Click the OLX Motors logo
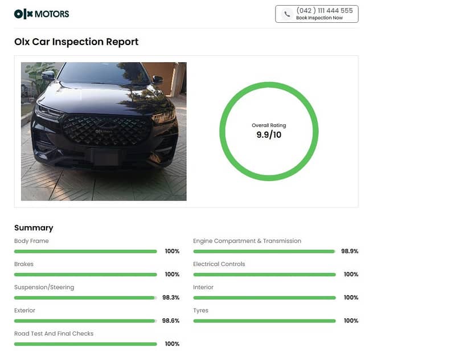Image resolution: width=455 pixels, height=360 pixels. (x=41, y=14)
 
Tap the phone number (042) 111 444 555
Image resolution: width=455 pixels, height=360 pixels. (x=324, y=10)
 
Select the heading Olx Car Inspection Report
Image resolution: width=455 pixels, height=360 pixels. (x=76, y=42)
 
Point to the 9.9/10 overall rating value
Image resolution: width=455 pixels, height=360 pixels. (x=269, y=135)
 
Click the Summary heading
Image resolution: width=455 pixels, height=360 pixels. (x=34, y=228)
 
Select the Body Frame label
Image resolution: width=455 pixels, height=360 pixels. (x=31, y=241)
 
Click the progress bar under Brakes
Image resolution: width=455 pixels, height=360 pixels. (x=85, y=275)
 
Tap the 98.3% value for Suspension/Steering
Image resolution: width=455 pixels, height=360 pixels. (x=171, y=297)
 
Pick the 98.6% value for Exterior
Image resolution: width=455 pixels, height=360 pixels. (x=171, y=321)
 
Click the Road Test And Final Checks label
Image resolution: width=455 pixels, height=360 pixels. (x=54, y=334)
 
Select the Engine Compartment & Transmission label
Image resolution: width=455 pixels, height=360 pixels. (x=247, y=241)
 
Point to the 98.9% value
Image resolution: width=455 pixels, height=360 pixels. (x=350, y=251)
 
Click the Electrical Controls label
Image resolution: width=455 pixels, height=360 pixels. (x=219, y=264)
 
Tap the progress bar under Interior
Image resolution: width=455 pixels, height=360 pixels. (x=264, y=297)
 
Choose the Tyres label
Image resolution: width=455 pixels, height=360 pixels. (x=201, y=310)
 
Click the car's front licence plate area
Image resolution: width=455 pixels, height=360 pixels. (x=106, y=157)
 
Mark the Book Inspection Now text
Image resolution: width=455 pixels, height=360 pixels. (x=319, y=18)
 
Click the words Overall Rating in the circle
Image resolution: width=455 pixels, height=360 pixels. (x=269, y=125)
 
